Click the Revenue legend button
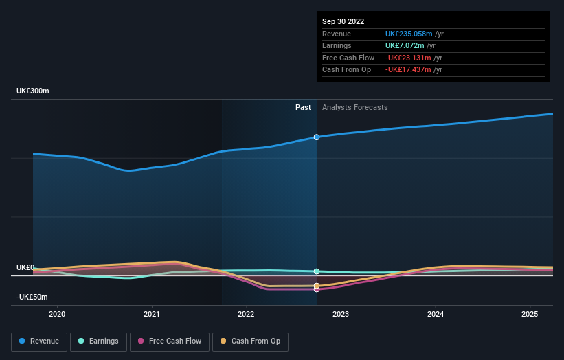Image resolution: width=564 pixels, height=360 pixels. point(39,341)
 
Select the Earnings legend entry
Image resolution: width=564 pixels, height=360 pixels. point(98,341)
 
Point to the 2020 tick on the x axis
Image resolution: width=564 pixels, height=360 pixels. point(57,315)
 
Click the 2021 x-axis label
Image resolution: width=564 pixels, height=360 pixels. point(152,315)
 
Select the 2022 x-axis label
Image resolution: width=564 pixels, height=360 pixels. point(246,315)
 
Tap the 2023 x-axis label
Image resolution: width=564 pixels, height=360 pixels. point(341,315)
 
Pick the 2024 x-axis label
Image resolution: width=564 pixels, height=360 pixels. point(435,315)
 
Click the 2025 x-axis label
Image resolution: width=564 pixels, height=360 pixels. point(530,315)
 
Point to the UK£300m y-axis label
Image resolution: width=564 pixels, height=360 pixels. point(33,91)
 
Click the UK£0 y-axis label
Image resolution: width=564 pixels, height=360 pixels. point(25,267)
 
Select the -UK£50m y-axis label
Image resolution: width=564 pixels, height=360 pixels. point(32,297)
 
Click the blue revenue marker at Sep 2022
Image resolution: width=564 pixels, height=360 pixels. point(317,137)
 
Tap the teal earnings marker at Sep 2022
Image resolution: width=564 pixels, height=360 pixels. point(317,271)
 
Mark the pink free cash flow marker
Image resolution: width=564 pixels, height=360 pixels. point(317,289)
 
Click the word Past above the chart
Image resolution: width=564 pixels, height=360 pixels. point(303,107)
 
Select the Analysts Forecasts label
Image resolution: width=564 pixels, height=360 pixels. point(354,107)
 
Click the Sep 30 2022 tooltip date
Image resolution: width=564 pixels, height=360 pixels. point(343,21)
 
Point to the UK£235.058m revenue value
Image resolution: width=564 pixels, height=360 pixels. point(409,34)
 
